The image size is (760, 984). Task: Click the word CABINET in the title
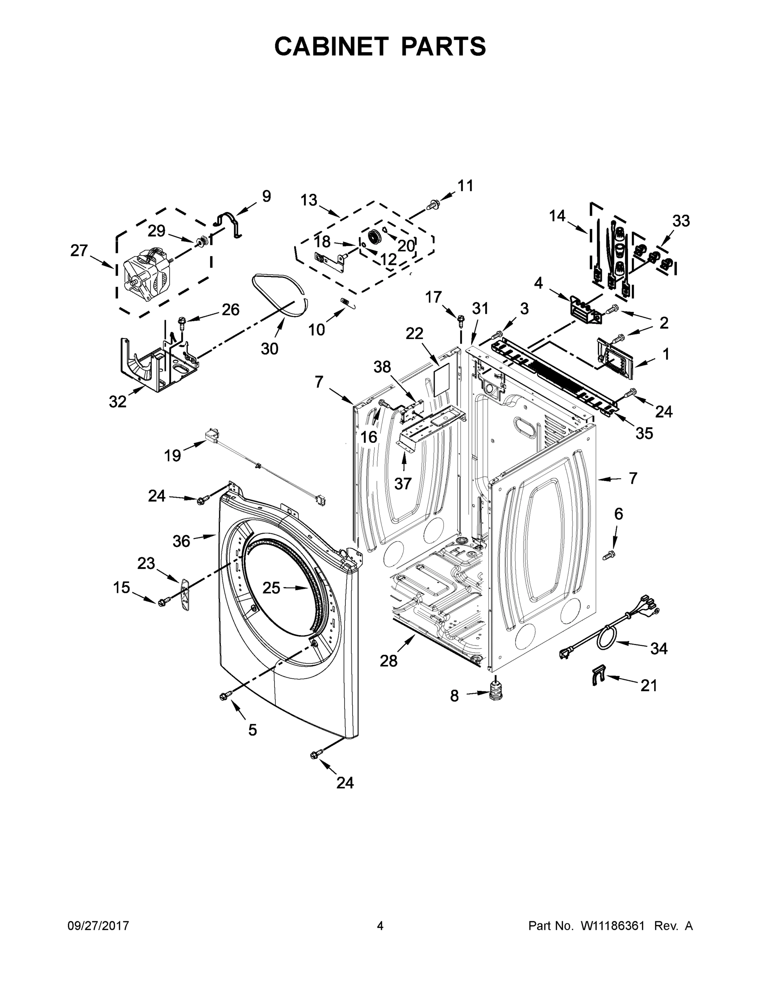[x=331, y=46]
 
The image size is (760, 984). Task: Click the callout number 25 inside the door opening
[x=271, y=588]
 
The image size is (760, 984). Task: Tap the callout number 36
[x=181, y=541]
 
